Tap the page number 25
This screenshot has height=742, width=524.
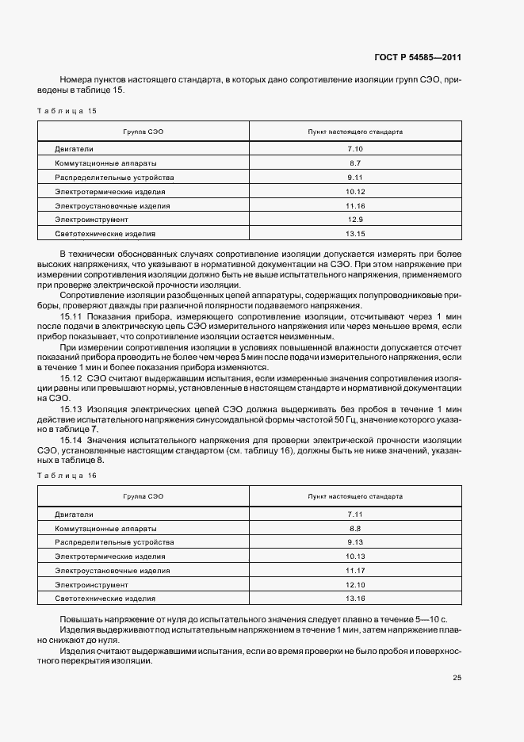457,678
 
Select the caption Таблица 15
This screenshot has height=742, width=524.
67,111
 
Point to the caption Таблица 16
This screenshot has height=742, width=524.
67,476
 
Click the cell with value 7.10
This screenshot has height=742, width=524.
354,149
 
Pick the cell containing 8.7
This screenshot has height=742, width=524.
354,163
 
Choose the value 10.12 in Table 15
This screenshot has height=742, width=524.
354,192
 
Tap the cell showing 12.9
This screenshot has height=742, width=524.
354,220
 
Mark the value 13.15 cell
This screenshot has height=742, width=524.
354,234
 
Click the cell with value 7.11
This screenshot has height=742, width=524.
354,514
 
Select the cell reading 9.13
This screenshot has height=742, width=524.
354,542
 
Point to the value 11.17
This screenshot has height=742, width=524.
354,571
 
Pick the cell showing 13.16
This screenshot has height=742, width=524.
354,599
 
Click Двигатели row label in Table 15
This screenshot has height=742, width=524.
75,149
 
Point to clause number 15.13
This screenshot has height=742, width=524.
71,408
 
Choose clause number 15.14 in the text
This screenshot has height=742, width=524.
71,439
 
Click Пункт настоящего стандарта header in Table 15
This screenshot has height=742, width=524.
354,131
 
